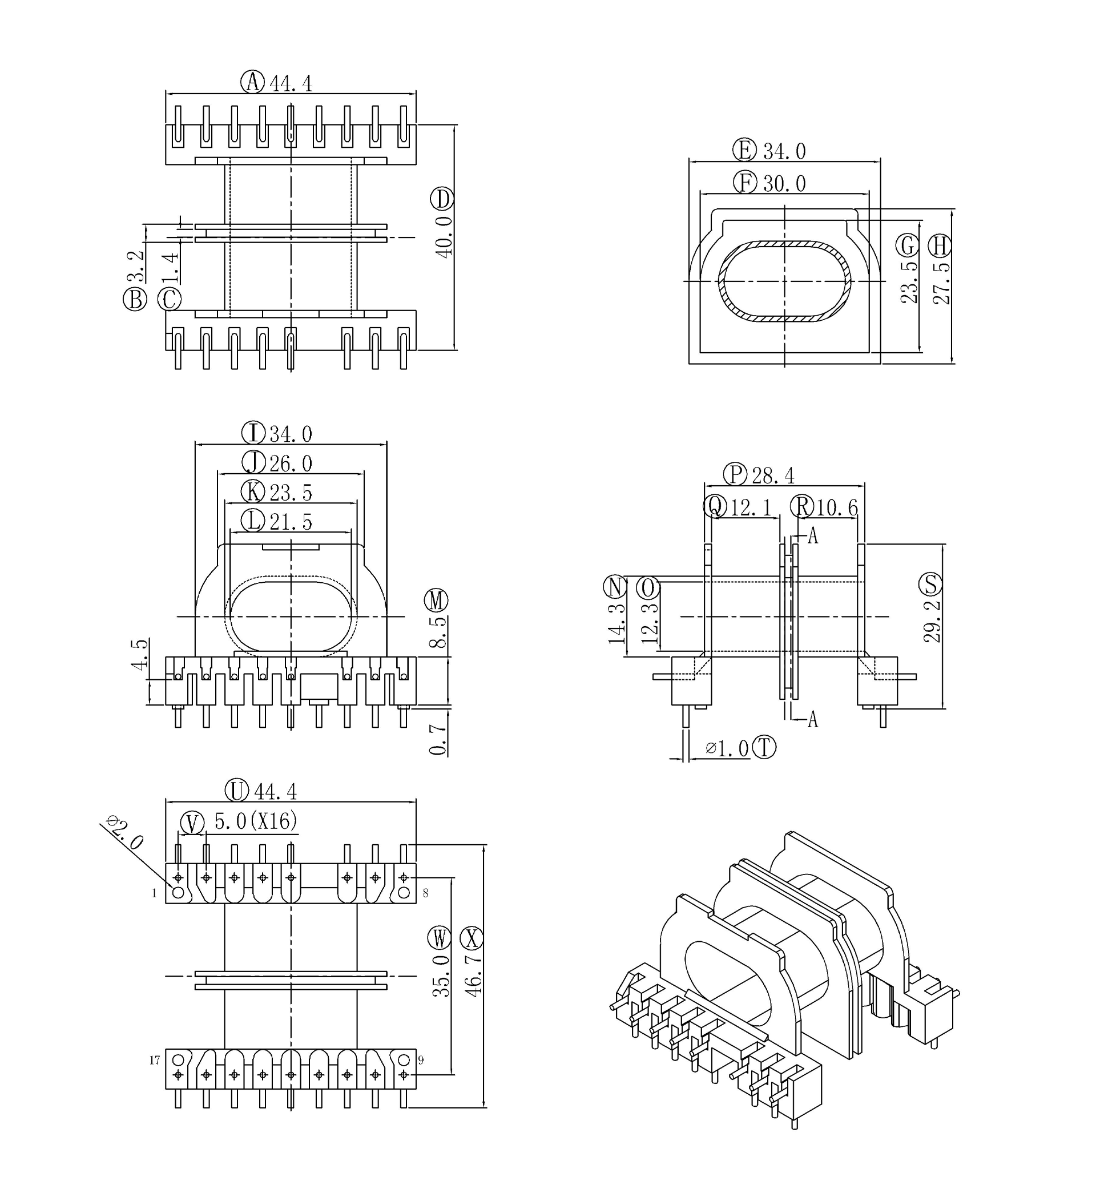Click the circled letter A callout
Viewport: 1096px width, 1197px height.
[x=252, y=82]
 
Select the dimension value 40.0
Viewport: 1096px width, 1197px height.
[x=444, y=237]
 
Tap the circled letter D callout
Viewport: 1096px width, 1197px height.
[x=443, y=199]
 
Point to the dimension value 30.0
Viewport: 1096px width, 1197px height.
[x=784, y=184]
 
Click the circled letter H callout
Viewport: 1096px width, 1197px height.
[x=939, y=246]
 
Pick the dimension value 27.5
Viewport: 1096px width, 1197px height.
[x=942, y=283]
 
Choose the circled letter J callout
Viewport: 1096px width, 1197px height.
[x=253, y=462]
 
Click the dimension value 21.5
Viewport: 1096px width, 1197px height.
[x=291, y=522]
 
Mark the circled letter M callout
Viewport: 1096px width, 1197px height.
[x=436, y=601]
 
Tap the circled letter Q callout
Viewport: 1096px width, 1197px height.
[x=715, y=506]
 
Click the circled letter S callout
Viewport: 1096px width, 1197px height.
[x=930, y=585]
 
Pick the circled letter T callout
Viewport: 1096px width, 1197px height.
[x=764, y=747]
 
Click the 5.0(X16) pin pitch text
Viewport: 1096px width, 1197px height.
[x=256, y=821]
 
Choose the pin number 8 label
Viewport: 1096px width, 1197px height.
[x=426, y=893]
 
